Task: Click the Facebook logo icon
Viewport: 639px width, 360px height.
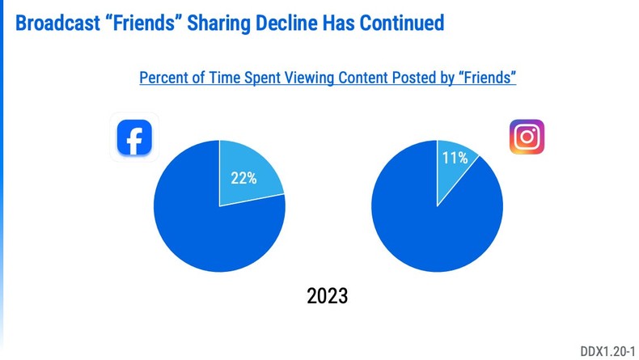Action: tap(134, 138)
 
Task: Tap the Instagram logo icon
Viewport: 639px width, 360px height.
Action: tap(527, 136)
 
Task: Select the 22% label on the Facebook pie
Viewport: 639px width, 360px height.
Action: tap(243, 178)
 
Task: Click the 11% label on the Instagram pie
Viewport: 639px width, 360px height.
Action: tap(454, 159)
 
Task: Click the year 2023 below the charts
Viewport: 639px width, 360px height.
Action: tap(328, 295)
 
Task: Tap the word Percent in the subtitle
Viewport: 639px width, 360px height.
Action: tap(165, 78)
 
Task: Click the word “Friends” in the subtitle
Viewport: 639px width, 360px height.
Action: tap(489, 78)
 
